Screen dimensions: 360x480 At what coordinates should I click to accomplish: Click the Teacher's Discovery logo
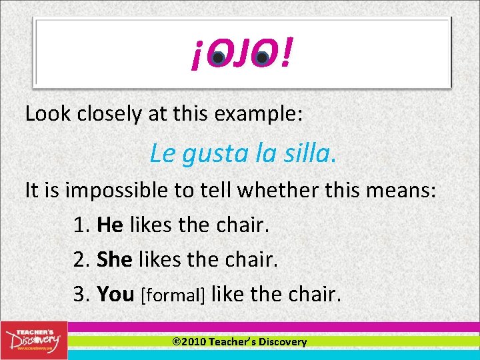33,340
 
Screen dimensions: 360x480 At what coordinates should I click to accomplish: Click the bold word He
110,225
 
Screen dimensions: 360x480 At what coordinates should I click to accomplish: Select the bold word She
115,259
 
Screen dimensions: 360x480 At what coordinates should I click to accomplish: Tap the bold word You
115,293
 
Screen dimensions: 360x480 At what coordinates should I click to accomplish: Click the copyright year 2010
194,342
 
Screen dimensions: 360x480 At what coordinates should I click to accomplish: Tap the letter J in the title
239,54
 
